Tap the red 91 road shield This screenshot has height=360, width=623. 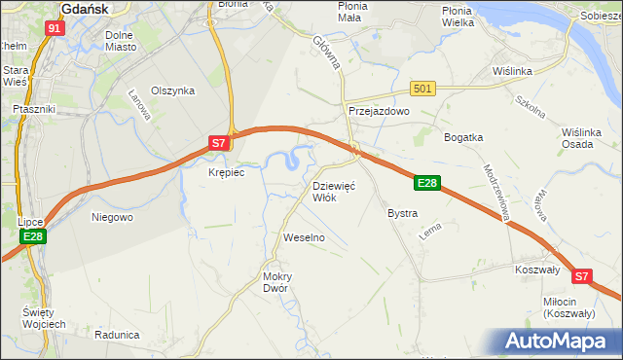click(x=55, y=28)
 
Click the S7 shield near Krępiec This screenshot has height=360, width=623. click(x=221, y=144)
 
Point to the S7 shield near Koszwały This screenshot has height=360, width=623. click(x=581, y=276)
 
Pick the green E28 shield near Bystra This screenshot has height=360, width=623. click(x=427, y=182)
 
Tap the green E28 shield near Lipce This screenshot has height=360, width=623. click(x=32, y=236)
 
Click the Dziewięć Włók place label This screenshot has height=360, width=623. click(x=333, y=191)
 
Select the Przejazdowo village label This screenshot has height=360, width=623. click(x=380, y=112)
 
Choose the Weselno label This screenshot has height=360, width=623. click(x=303, y=237)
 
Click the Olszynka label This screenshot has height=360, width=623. click(x=173, y=90)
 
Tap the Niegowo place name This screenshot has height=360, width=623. click(x=112, y=217)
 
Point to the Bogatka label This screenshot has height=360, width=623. click(x=463, y=137)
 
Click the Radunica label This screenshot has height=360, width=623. click(x=117, y=334)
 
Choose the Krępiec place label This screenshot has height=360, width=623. click(x=226, y=172)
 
